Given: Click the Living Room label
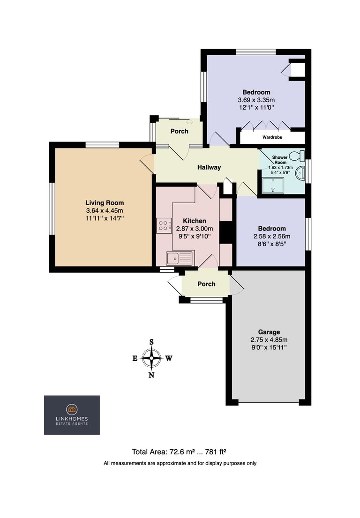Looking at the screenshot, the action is pyautogui.click(x=105, y=203).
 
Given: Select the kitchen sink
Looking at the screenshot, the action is pyautogui.click(x=180, y=258).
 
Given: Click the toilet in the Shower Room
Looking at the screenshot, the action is pyautogui.click(x=297, y=155).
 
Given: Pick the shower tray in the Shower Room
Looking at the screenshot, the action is pyautogui.click(x=273, y=185).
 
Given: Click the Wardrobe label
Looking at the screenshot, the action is pyautogui.click(x=272, y=137).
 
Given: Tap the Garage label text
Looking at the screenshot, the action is pyautogui.click(x=269, y=332).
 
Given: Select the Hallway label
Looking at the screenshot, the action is pyautogui.click(x=209, y=168).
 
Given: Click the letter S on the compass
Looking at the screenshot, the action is pyautogui.click(x=152, y=342).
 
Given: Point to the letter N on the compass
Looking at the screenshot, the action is pyautogui.click(x=151, y=375).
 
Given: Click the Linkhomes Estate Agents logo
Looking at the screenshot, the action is pyautogui.click(x=72, y=415).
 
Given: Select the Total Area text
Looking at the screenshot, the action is pyautogui.click(x=179, y=451).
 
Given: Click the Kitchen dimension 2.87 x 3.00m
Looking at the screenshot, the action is pyautogui.click(x=195, y=229).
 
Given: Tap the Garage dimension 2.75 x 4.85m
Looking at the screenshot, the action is pyautogui.click(x=269, y=340).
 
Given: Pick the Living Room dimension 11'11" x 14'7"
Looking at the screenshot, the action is pyautogui.click(x=105, y=218).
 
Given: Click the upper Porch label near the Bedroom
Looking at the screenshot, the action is pyautogui.click(x=180, y=131).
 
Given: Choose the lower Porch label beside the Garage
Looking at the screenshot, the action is pyautogui.click(x=206, y=284).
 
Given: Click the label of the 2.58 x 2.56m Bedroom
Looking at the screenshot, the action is pyautogui.click(x=272, y=229).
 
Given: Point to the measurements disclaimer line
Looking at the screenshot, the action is pyautogui.click(x=180, y=463).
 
